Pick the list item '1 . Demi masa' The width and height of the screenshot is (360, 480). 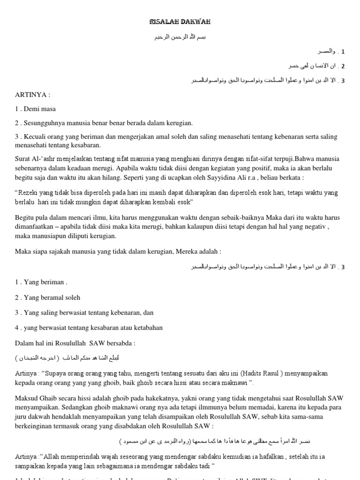click(x=36, y=109)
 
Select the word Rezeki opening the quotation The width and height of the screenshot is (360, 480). click(x=30, y=193)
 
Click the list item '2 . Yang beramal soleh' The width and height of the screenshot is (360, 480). click(x=47, y=297)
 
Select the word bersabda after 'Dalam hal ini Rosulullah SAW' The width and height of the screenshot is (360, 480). click(x=120, y=343)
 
